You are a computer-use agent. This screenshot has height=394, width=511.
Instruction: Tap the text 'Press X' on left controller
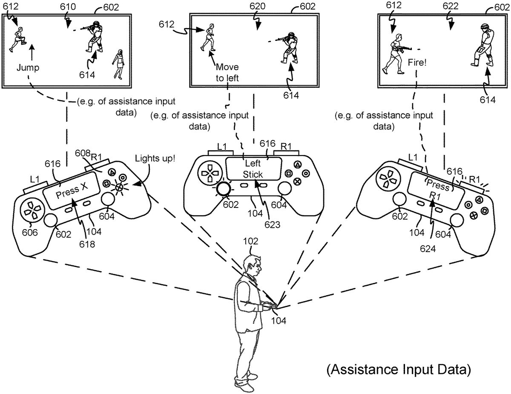[x=68, y=193]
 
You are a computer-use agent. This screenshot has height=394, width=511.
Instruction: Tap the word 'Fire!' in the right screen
[x=417, y=62]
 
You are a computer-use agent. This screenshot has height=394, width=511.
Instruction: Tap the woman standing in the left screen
[x=119, y=64]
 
